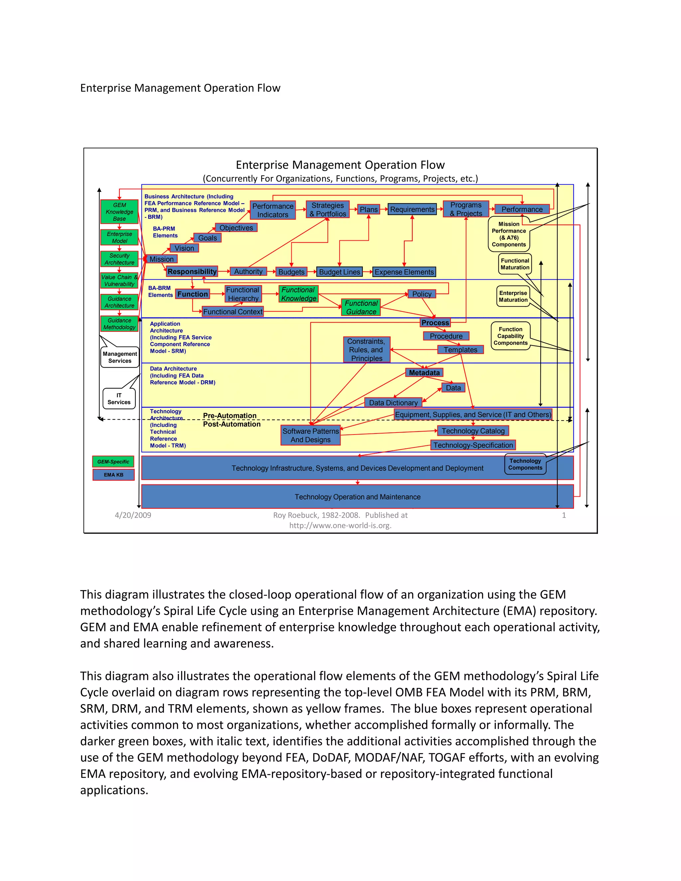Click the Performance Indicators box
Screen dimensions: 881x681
273,210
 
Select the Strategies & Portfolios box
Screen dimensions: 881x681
328,209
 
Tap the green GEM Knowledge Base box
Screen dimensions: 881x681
119,212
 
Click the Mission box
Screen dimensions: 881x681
161,259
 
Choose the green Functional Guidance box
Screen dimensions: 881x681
361,308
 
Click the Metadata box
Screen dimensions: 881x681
424,373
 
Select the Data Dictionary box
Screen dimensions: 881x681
393,403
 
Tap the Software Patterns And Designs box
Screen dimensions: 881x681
310,435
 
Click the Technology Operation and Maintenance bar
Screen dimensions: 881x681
357,497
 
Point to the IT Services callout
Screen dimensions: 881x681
119,399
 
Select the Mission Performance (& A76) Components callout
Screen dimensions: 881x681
509,234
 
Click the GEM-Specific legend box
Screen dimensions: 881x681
113,461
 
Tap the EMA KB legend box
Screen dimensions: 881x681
113,475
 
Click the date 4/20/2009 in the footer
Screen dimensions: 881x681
133,515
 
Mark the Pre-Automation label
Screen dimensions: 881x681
229,416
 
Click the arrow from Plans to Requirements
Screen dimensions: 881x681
384,209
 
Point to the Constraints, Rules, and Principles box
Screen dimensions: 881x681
366,350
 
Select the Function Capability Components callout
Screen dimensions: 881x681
510,336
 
